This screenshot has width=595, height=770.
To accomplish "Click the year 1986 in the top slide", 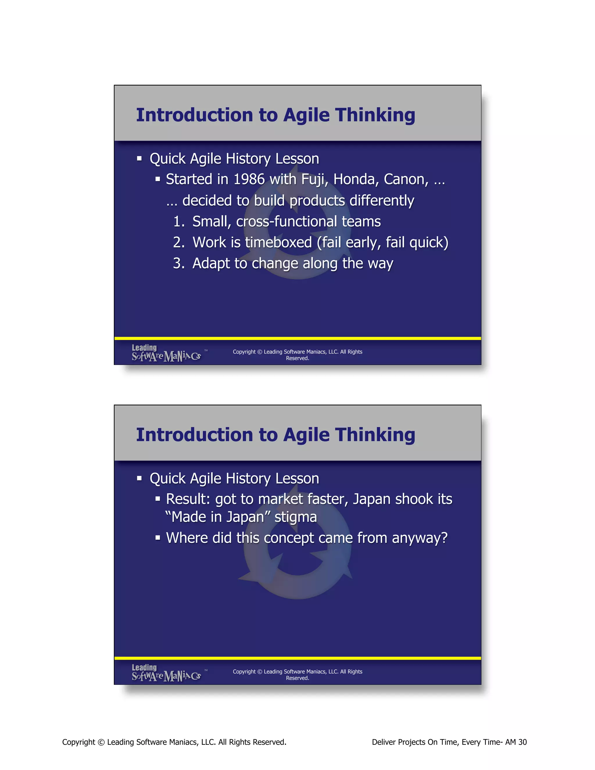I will click(x=249, y=180).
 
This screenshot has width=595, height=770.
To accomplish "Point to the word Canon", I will click(x=406, y=180).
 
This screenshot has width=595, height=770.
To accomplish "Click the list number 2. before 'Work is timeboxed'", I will click(x=178, y=243).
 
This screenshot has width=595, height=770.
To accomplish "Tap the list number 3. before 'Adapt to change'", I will click(x=178, y=263).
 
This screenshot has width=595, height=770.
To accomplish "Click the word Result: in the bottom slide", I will click(x=188, y=499).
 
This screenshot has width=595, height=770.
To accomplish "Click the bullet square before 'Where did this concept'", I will click(x=158, y=538).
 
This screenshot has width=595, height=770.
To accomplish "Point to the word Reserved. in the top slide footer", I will click(x=297, y=358).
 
